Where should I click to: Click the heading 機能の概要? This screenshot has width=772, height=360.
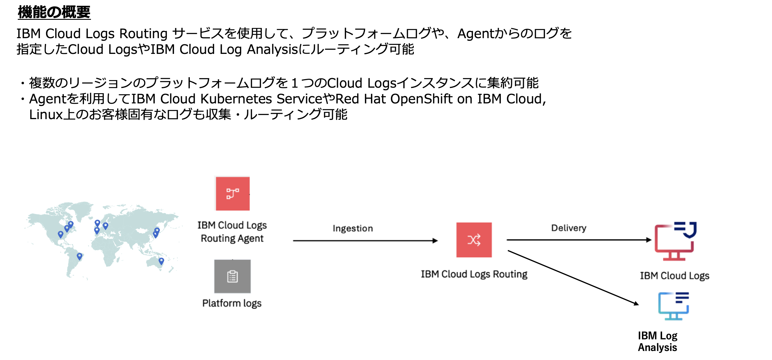(x=54, y=12)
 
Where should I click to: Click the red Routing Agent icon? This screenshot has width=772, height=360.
(x=233, y=194)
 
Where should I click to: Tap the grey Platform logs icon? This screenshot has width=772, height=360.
(x=232, y=276)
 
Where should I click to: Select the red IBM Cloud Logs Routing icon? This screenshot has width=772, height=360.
(x=474, y=240)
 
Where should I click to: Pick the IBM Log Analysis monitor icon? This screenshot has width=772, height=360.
(x=673, y=306)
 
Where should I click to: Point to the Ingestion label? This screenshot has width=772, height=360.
(x=353, y=229)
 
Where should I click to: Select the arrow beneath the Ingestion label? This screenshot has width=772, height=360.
(x=365, y=241)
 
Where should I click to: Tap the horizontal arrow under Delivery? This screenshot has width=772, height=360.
(x=578, y=240)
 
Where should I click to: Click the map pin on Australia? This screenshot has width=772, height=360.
(x=161, y=261)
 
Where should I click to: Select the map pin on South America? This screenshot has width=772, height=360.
(x=79, y=256)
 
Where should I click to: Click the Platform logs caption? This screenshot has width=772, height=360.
(x=232, y=303)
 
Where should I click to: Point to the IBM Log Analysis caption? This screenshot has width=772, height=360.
(x=657, y=341)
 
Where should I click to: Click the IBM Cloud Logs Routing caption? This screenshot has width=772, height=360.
(x=474, y=274)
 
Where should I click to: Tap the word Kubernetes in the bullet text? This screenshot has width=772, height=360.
(x=236, y=99)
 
